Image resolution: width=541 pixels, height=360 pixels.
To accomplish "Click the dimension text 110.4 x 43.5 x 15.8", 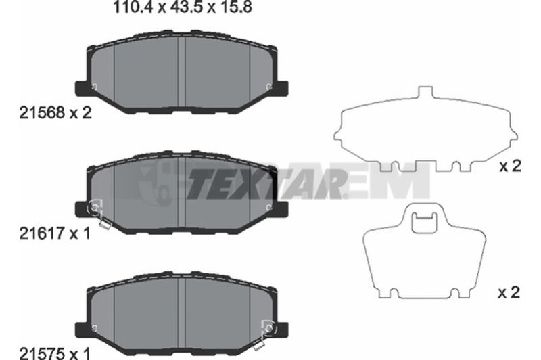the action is (183, 7).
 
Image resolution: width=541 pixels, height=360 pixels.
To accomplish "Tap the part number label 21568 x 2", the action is (55, 113).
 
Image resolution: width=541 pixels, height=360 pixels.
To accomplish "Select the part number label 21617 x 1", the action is (55, 233).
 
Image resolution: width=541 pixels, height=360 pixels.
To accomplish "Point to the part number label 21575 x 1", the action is (55, 353).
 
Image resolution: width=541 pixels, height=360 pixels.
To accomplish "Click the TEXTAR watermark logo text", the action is (266, 183).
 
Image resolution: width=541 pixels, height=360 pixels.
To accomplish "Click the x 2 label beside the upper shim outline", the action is (511, 166).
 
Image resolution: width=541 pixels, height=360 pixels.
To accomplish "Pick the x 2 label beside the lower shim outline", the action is (509, 293).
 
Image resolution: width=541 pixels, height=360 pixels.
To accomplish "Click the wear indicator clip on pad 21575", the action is (266, 333).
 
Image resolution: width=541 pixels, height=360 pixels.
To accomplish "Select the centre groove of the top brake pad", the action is (182, 71).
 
